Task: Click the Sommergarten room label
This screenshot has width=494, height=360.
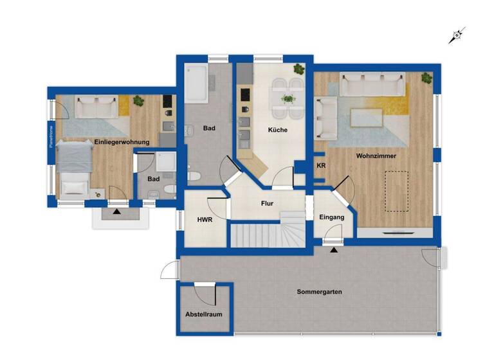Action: [319, 292]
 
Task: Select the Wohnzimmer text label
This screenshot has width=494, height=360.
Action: [376, 156]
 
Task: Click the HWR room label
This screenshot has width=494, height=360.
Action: [205, 219]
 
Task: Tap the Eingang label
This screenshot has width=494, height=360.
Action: [332, 217]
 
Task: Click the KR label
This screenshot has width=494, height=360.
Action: [321, 165]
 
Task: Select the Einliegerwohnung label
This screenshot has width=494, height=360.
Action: [122, 141]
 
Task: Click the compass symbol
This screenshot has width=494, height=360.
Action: [457, 35]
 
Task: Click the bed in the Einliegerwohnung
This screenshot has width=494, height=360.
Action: [73, 165]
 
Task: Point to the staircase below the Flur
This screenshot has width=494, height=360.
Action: [267, 234]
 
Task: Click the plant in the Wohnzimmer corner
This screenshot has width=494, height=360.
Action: [426, 78]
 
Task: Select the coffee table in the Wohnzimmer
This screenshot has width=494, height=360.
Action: [366, 117]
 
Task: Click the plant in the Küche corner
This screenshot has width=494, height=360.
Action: [299, 67]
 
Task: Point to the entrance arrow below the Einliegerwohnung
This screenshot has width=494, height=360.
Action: [116, 211]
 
